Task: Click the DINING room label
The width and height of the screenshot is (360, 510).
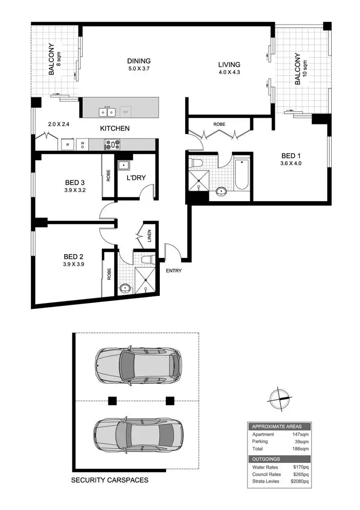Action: (139, 61)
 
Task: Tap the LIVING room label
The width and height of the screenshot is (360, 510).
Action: (229, 65)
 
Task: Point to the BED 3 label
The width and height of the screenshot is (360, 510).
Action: (75, 182)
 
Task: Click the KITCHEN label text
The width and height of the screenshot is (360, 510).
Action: (115, 128)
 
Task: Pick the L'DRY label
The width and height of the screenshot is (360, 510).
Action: (136, 178)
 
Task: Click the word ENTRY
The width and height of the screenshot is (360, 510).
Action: (173, 271)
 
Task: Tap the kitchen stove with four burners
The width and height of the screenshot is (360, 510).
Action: (112, 144)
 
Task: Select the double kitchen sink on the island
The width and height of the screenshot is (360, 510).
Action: (107, 112)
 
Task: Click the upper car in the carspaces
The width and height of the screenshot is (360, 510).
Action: (139, 364)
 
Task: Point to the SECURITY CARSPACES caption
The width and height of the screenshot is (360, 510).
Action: (109, 480)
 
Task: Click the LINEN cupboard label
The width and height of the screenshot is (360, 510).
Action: (150, 236)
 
